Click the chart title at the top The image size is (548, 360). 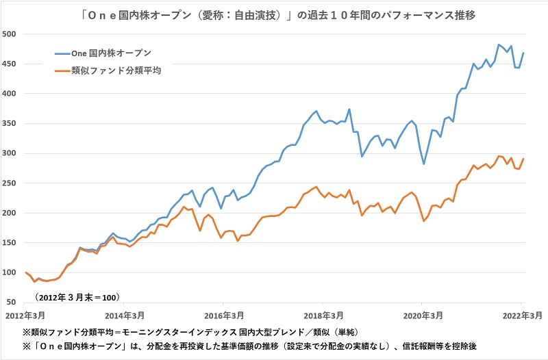(274, 13)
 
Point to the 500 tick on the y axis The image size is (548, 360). (12, 34)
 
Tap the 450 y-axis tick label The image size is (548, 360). (12, 64)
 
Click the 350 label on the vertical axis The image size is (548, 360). (12, 123)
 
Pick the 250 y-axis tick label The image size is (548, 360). (12, 183)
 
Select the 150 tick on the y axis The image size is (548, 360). (12, 242)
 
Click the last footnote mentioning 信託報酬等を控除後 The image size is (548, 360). (267, 346)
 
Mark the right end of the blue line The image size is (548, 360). (524, 53)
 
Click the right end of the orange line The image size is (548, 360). (524, 159)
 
